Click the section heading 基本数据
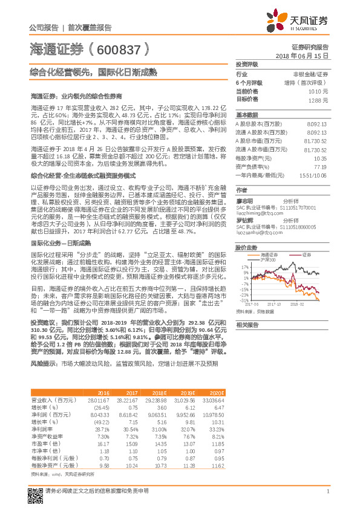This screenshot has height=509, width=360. [x=246, y=114]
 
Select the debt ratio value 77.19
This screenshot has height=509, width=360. [x=320, y=166]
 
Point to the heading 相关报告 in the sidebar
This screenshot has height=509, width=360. [x=246, y=325]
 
